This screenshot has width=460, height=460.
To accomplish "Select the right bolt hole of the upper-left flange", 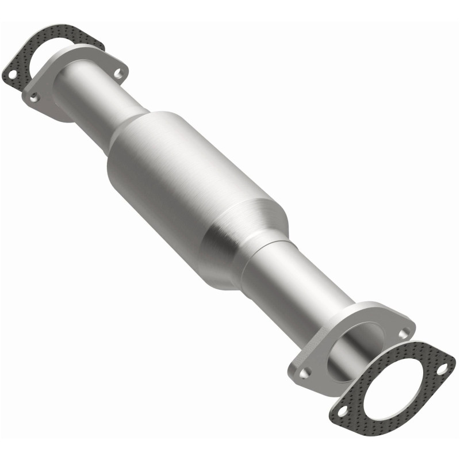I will click(x=118, y=73).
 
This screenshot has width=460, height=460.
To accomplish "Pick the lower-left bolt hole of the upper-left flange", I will click(x=34, y=97).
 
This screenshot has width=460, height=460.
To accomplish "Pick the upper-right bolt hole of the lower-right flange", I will click(x=407, y=332).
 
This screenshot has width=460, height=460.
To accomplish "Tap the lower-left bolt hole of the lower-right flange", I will click(x=305, y=373).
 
